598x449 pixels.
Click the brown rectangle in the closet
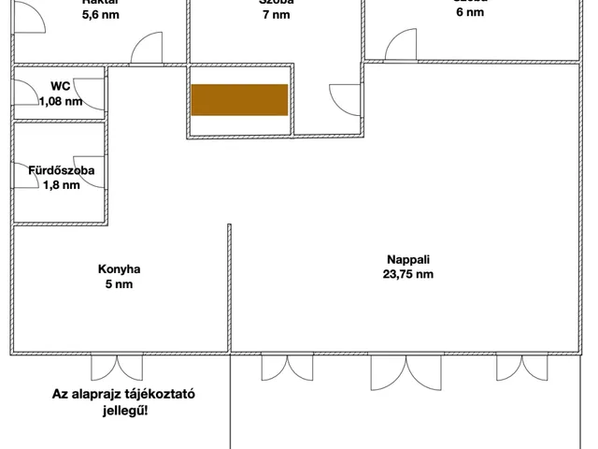point(239,99)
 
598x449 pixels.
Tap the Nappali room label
point(407,260)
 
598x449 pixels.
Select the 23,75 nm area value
point(407,275)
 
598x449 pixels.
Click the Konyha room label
point(119,269)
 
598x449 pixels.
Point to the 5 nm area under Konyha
point(119,284)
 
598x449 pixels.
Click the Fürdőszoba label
point(61,171)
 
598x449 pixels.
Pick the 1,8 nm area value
point(61,185)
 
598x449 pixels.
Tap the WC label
point(61,87)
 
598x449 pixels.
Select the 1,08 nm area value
point(61,101)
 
